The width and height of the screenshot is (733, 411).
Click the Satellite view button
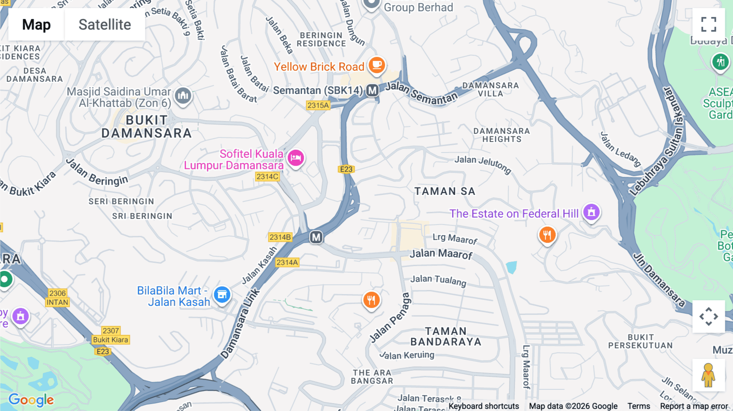105,24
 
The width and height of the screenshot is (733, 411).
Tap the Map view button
36,24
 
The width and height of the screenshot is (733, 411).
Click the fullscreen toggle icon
709,24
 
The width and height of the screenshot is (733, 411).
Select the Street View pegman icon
708,375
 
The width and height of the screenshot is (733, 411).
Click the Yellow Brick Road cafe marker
377,65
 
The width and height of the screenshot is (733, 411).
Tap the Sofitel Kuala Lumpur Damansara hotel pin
296,157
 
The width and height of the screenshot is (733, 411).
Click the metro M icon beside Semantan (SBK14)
372,90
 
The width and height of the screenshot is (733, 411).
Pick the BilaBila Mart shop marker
222,294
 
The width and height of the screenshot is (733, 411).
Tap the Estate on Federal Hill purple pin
591,212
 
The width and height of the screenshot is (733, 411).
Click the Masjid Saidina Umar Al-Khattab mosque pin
183,96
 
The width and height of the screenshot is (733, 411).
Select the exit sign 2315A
318,105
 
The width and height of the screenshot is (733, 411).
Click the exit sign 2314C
267,177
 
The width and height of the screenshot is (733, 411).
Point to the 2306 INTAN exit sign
57,298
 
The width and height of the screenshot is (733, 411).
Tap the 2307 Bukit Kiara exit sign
111,335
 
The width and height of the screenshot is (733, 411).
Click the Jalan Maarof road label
441,254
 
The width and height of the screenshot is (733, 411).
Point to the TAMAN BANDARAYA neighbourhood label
446,337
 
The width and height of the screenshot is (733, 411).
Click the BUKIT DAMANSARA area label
146,127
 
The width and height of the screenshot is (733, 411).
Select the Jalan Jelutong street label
483,164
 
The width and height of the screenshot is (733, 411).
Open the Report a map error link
694,406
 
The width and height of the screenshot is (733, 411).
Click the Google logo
31,400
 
